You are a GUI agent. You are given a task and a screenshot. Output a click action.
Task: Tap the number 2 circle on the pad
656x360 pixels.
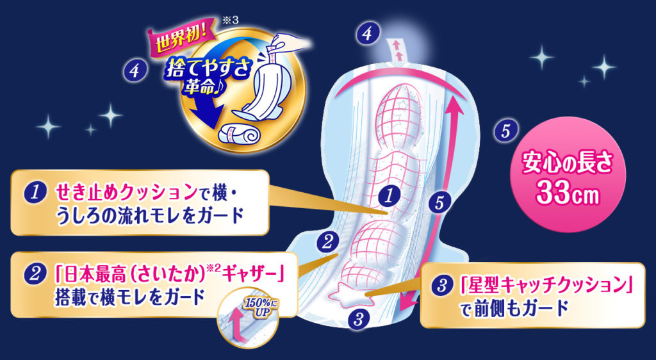tap(327, 241)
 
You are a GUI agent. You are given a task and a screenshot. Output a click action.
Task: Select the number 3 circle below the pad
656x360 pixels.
tap(359, 316)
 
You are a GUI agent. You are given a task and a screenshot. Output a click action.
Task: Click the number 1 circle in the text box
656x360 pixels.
tap(31, 192)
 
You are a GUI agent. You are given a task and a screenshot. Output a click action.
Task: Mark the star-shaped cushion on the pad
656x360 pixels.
tap(346, 294)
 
